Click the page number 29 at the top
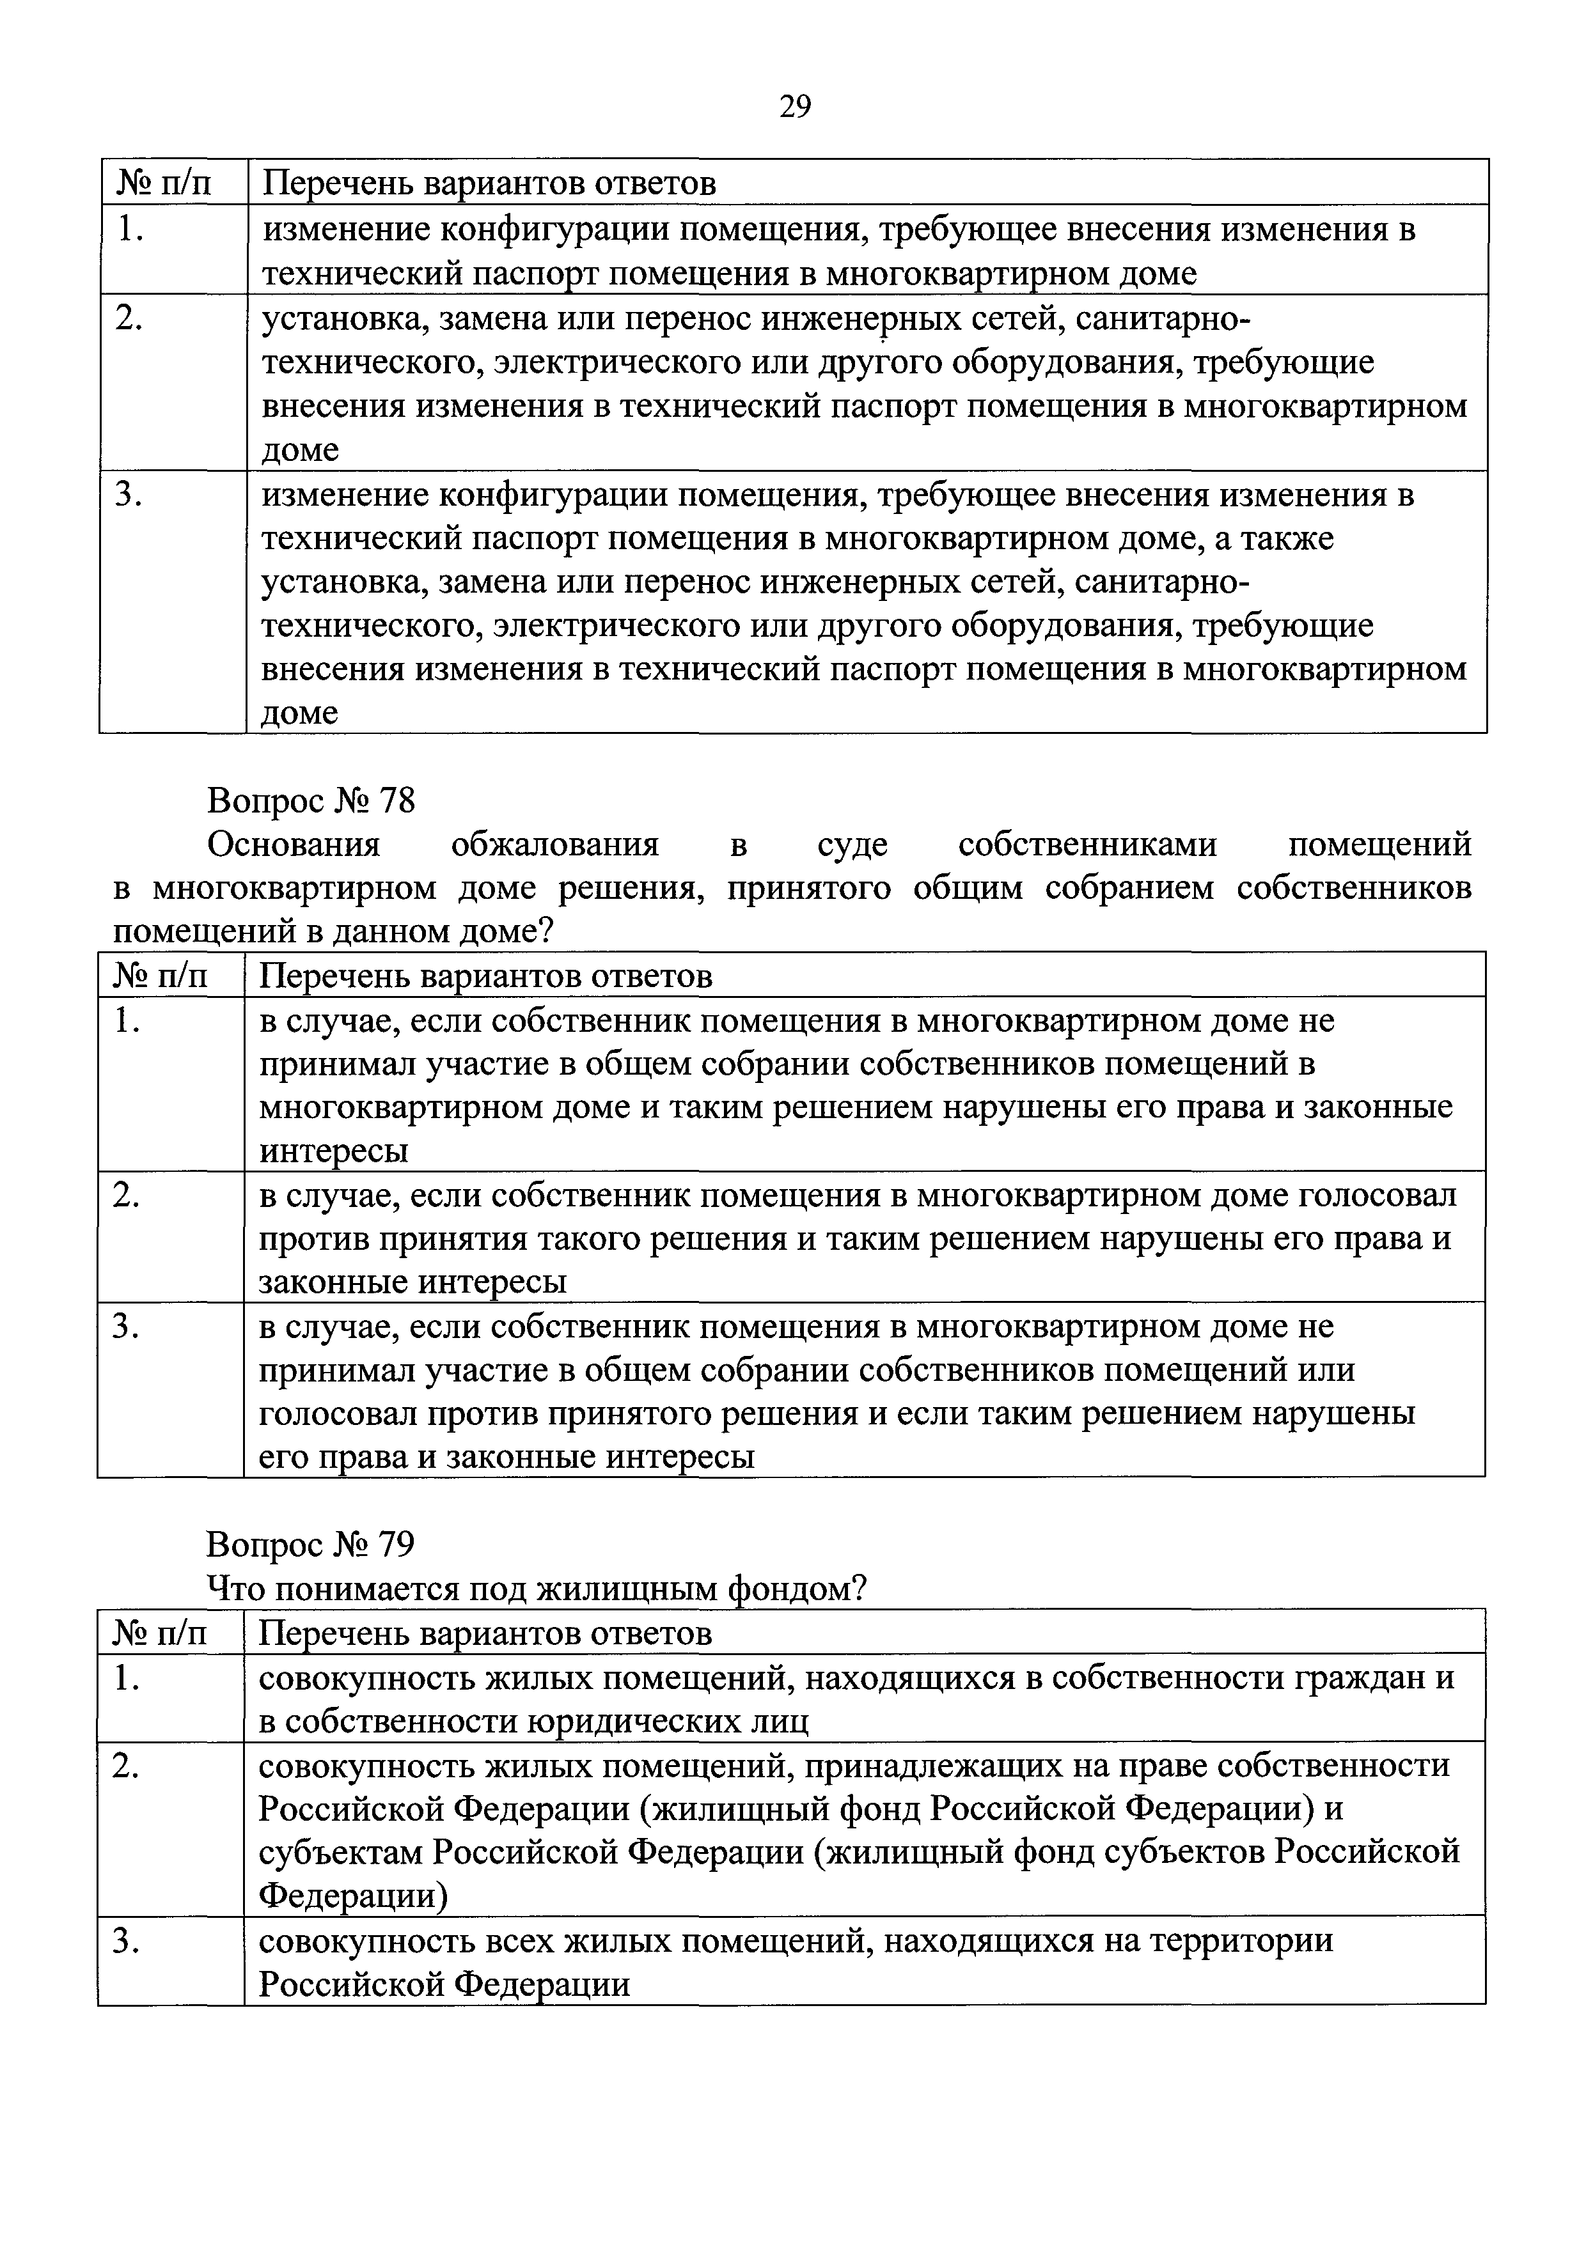(x=795, y=106)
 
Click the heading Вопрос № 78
(x=311, y=800)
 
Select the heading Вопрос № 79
(x=311, y=1544)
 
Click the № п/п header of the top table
(x=164, y=183)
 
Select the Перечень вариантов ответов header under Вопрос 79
(x=485, y=1633)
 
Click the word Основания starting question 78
(x=293, y=845)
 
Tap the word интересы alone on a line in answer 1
(x=333, y=1152)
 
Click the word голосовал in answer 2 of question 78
(x=1377, y=1195)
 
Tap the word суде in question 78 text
(x=852, y=845)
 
